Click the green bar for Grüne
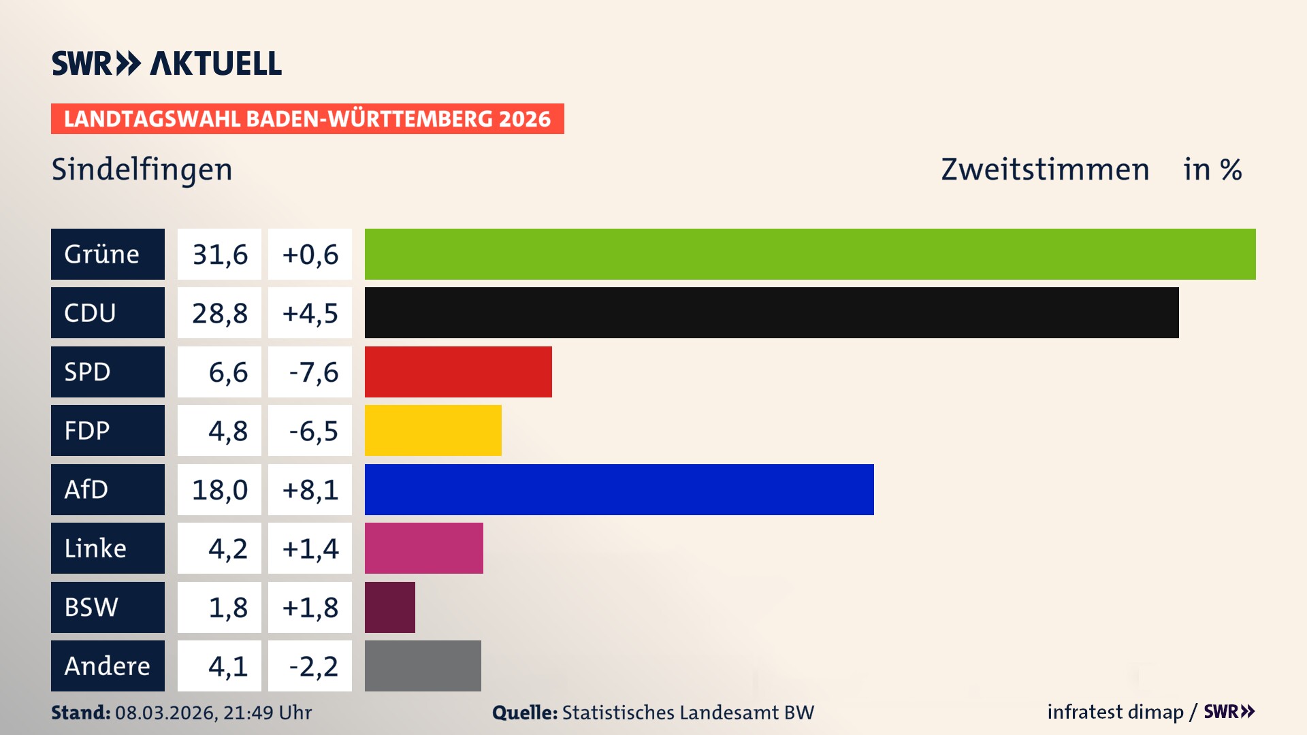[810, 254]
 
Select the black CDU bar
[771, 312]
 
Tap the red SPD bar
[458, 372]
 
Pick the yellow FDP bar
[433, 430]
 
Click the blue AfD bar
[619, 489]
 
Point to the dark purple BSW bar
[389, 607]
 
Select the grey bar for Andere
[423, 666]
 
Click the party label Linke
[95, 548]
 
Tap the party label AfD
[86, 489]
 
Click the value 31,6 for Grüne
[219, 254]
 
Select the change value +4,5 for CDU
[310, 313]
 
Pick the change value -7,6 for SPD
[313, 372]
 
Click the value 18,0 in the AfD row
[219, 489]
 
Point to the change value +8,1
[310, 489]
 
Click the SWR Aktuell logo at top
[166, 63]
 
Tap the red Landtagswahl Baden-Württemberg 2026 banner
[307, 118]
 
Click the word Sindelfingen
[142, 169]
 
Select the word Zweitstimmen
[1044, 169]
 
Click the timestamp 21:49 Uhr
[267, 713]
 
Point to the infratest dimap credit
[1114, 712]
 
